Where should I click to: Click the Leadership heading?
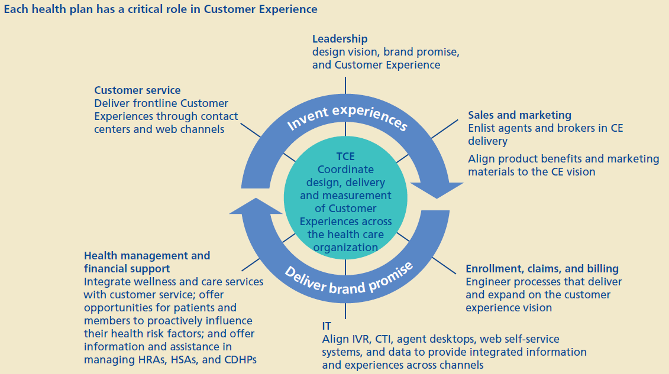tap(340, 39)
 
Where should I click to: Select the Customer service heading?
tap(137, 90)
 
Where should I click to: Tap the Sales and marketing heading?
tap(519, 115)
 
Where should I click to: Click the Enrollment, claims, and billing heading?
tap(542, 269)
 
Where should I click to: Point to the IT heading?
tap(327, 326)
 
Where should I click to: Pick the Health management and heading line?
tap(147, 256)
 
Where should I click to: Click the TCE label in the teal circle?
tap(345, 158)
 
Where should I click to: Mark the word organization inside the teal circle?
tap(345, 247)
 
